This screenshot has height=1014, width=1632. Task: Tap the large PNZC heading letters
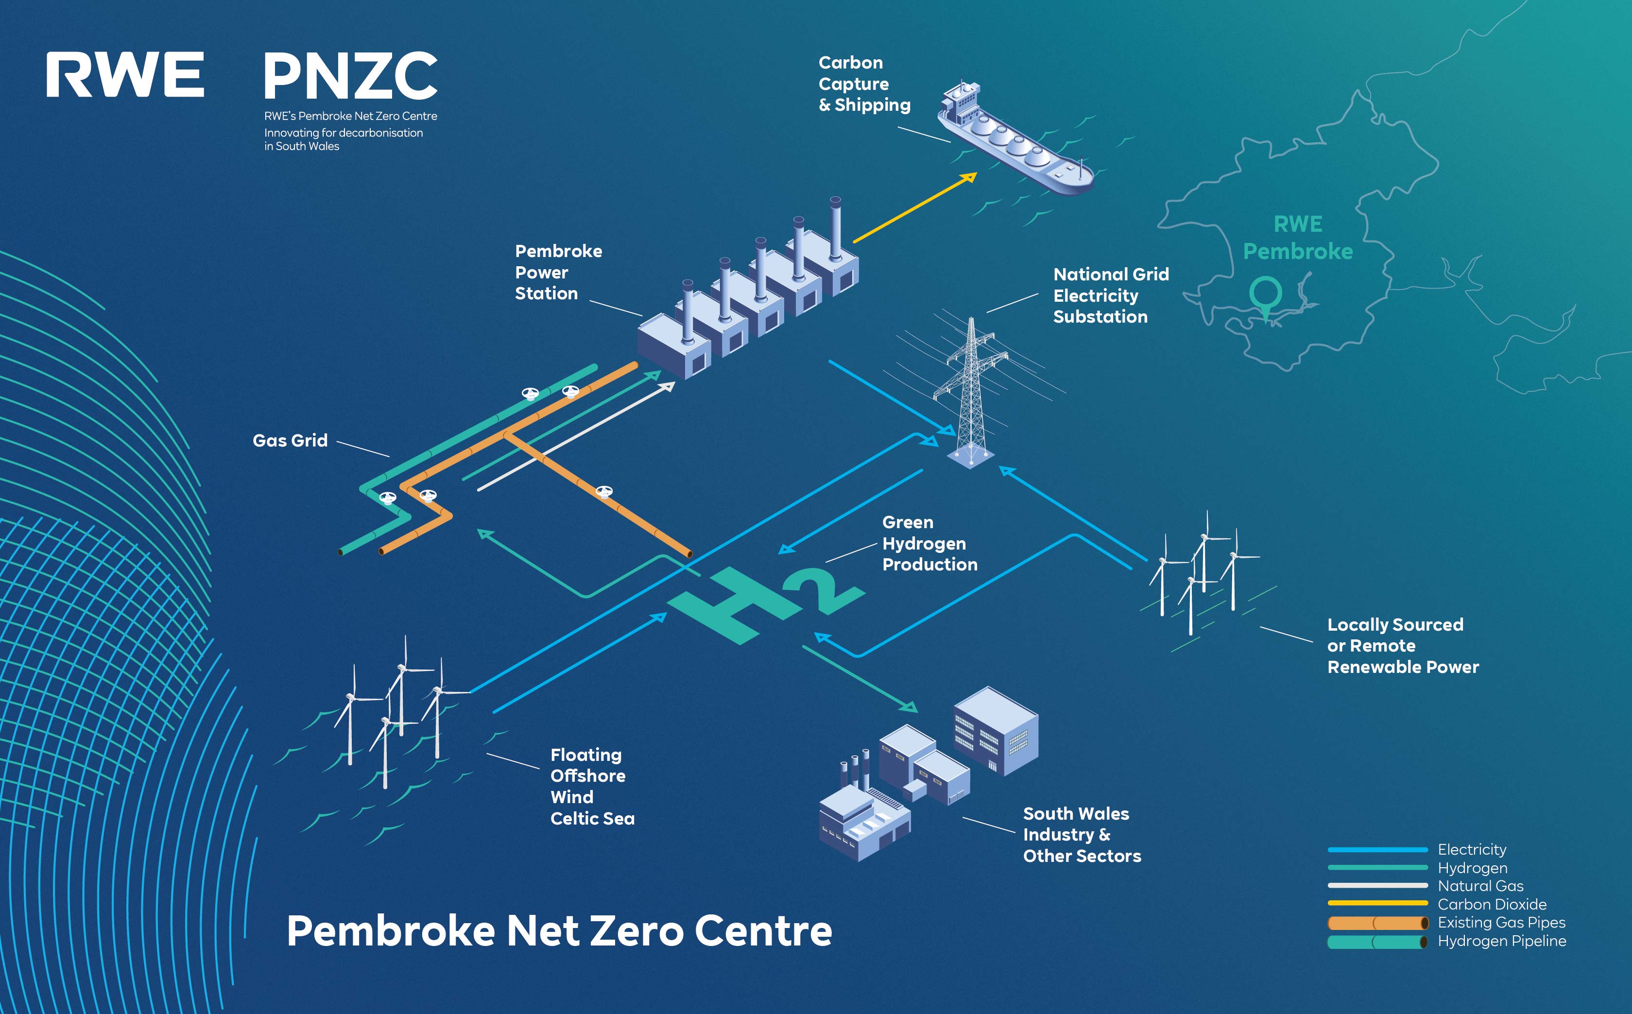[x=350, y=76]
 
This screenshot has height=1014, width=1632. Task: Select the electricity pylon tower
[x=971, y=389]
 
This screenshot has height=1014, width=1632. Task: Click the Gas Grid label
[x=290, y=441]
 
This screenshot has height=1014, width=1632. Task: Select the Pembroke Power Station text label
[x=558, y=272]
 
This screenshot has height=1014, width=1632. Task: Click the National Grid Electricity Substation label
[x=1110, y=296]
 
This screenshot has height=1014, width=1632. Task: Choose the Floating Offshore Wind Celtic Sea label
[x=591, y=786]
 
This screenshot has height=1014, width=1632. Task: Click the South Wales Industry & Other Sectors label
[x=1082, y=835]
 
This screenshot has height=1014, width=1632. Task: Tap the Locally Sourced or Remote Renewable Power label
[x=1403, y=646]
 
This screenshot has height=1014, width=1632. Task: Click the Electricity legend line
[x=1378, y=850]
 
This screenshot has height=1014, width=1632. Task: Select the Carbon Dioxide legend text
[x=1492, y=904]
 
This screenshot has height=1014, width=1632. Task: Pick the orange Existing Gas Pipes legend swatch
[x=1378, y=923]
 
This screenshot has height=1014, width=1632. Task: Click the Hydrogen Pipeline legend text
[x=1502, y=941]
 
